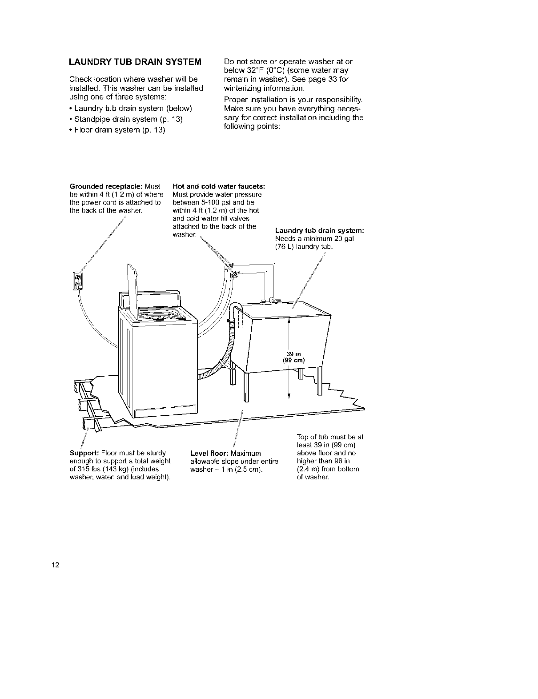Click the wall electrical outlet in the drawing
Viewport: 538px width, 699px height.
pos(77,281)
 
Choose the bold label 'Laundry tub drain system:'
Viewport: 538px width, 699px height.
pos(320,230)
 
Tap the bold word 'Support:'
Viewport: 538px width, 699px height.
pos(81,453)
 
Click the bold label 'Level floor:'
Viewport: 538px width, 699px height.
pos(209,453)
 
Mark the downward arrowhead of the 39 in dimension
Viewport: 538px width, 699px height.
pos(289,396)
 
